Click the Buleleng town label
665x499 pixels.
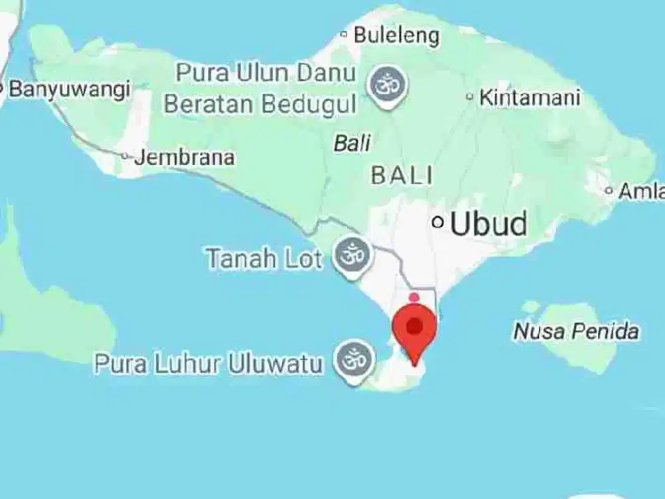396,35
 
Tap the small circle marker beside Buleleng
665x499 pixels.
344,34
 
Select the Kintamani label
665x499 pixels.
529,97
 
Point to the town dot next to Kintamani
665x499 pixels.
469,97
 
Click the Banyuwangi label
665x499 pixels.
68,89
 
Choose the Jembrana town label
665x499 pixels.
184,158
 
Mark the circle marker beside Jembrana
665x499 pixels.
125,156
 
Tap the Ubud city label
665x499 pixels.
488,224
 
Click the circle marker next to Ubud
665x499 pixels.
438,222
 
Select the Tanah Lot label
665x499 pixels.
263,258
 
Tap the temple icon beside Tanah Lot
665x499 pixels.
352,255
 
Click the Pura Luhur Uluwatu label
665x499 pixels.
208,364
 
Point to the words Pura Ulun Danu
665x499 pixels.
266,73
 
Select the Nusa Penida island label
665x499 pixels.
576,331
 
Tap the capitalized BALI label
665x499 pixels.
402,176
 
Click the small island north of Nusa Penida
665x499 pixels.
531,307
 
